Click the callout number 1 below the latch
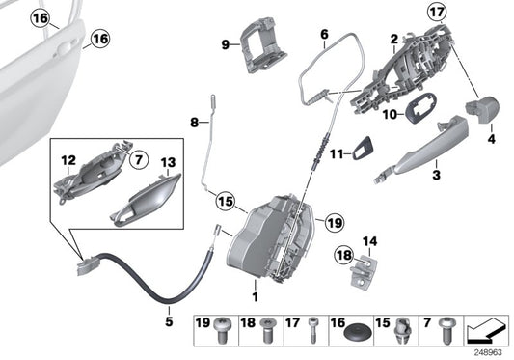coord(255,287)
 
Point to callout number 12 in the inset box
coord(68,159)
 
